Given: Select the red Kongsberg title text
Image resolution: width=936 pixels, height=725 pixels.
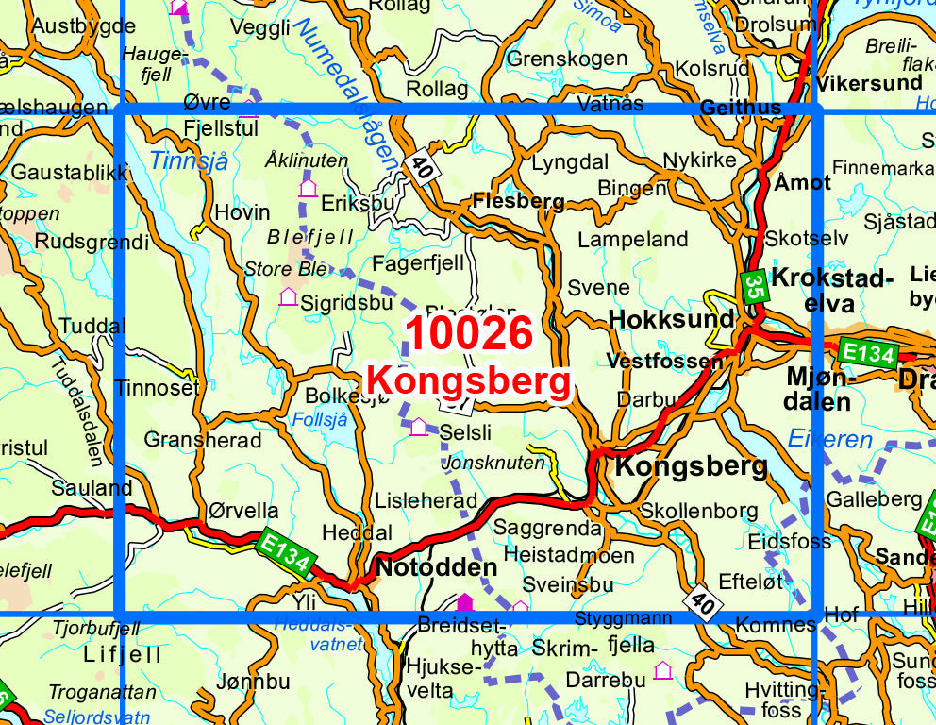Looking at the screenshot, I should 469,380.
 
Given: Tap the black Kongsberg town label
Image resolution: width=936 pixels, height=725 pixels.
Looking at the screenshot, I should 692,466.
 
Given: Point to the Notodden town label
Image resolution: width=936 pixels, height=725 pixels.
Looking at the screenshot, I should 436,567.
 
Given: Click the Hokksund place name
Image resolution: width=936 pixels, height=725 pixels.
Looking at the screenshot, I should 671,319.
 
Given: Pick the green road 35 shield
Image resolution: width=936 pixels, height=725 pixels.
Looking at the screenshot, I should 753,287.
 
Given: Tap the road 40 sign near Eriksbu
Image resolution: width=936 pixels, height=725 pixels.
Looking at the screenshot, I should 422,169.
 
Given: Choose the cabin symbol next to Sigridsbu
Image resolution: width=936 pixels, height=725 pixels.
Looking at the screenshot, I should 289,297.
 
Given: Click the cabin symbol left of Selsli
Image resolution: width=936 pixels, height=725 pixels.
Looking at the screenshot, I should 418,427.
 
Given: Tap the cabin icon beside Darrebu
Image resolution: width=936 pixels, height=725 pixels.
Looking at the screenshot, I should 662,670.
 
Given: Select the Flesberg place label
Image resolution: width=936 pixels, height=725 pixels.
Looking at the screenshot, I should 518,201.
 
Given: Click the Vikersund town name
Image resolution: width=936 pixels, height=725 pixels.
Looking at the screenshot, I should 870,82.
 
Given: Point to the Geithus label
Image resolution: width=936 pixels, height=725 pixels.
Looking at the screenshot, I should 741,108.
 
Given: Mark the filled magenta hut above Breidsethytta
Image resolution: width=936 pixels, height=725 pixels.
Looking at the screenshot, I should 463,601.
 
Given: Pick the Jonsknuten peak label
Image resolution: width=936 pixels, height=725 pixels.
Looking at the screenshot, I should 493,463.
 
